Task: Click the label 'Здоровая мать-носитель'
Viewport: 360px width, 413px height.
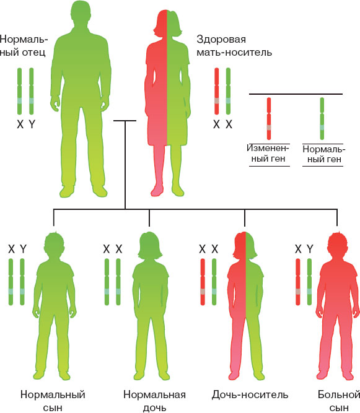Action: click(x=234, y=46)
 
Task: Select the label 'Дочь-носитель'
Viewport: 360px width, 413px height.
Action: click(x=250, y=394)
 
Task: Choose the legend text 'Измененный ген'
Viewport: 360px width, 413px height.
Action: click(x=268, y=154)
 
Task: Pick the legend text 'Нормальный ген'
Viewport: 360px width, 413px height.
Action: click(x=324, y=154)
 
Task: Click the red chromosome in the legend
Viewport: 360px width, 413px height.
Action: click(x=269, y=118)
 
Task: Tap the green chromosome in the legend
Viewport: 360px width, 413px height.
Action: click(x=322, y=118)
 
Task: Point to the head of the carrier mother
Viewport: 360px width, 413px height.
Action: click(x=167, y=23)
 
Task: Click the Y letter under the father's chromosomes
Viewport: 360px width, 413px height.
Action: click(x=32, y=124)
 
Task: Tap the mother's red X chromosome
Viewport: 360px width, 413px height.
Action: click(x=217, y=91)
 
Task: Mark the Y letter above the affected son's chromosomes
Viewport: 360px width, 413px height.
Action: click(x=310, y=249)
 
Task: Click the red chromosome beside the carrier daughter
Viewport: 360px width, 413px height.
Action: click(x=203, y=282)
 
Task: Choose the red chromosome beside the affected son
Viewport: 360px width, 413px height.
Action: click(x=298, y=282)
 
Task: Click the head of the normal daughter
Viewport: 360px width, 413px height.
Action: click(x=150, y=245)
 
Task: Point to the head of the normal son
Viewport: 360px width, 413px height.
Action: click(x=55, y=245)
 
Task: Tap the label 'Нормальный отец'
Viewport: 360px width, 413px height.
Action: click(x=23, y=46)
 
